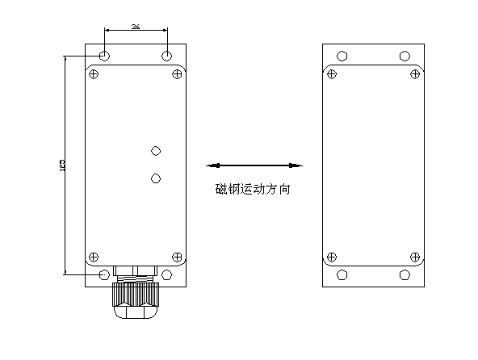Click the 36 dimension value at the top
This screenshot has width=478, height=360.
pyautogui.click(x=136, y=27)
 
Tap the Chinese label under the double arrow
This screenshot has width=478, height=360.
pyautogui.click(x=253, y=190)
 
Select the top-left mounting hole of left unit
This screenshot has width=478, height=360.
pyautogui.click(x=105, y=56)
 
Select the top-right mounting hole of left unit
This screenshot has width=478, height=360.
pyautogui.click(x=166, y=56)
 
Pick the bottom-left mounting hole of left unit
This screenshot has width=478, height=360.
pyautogui.click(x=105, y=274)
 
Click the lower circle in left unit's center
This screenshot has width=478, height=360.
pyautogui.click(x=156, y=178)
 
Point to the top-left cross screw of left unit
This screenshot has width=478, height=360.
pyautogui.click(x=94, y=75)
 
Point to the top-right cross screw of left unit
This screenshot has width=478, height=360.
pyautogui.click(x=178, y=75)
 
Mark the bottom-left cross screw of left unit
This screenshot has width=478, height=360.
pyautogui.click(x=94, y=256)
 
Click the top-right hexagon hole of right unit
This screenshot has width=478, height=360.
pyautogui.click(x=404, y=56)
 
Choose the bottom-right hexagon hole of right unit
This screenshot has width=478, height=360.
pyautogui.click(x=404, y=274)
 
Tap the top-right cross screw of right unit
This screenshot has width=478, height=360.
pyautogui.click(x=415, y=75)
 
